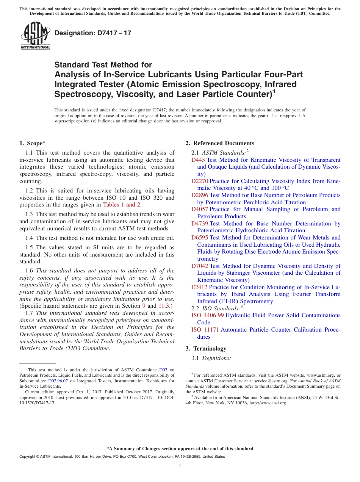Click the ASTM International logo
(35, 35)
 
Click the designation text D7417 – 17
(93, 33)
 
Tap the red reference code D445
(198, 160)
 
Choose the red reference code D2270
(200, 181)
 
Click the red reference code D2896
(200, 195)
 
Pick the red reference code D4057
(200, 209)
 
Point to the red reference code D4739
(200, 224)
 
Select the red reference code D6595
(200, 238)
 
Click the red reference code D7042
(200, 266)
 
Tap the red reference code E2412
(199, 287)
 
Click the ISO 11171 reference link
(205, 330)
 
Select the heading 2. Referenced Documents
(220, 143)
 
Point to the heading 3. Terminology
(206, 349)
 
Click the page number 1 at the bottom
(180, 465)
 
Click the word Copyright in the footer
(28, 457)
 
